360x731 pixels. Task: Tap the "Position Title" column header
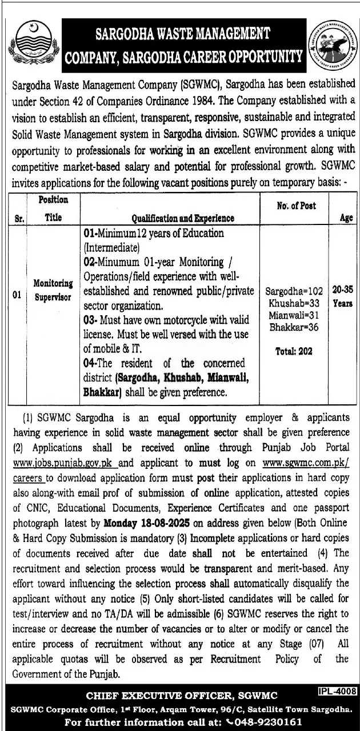point(54,208)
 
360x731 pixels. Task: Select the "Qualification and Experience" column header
point(182,218)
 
